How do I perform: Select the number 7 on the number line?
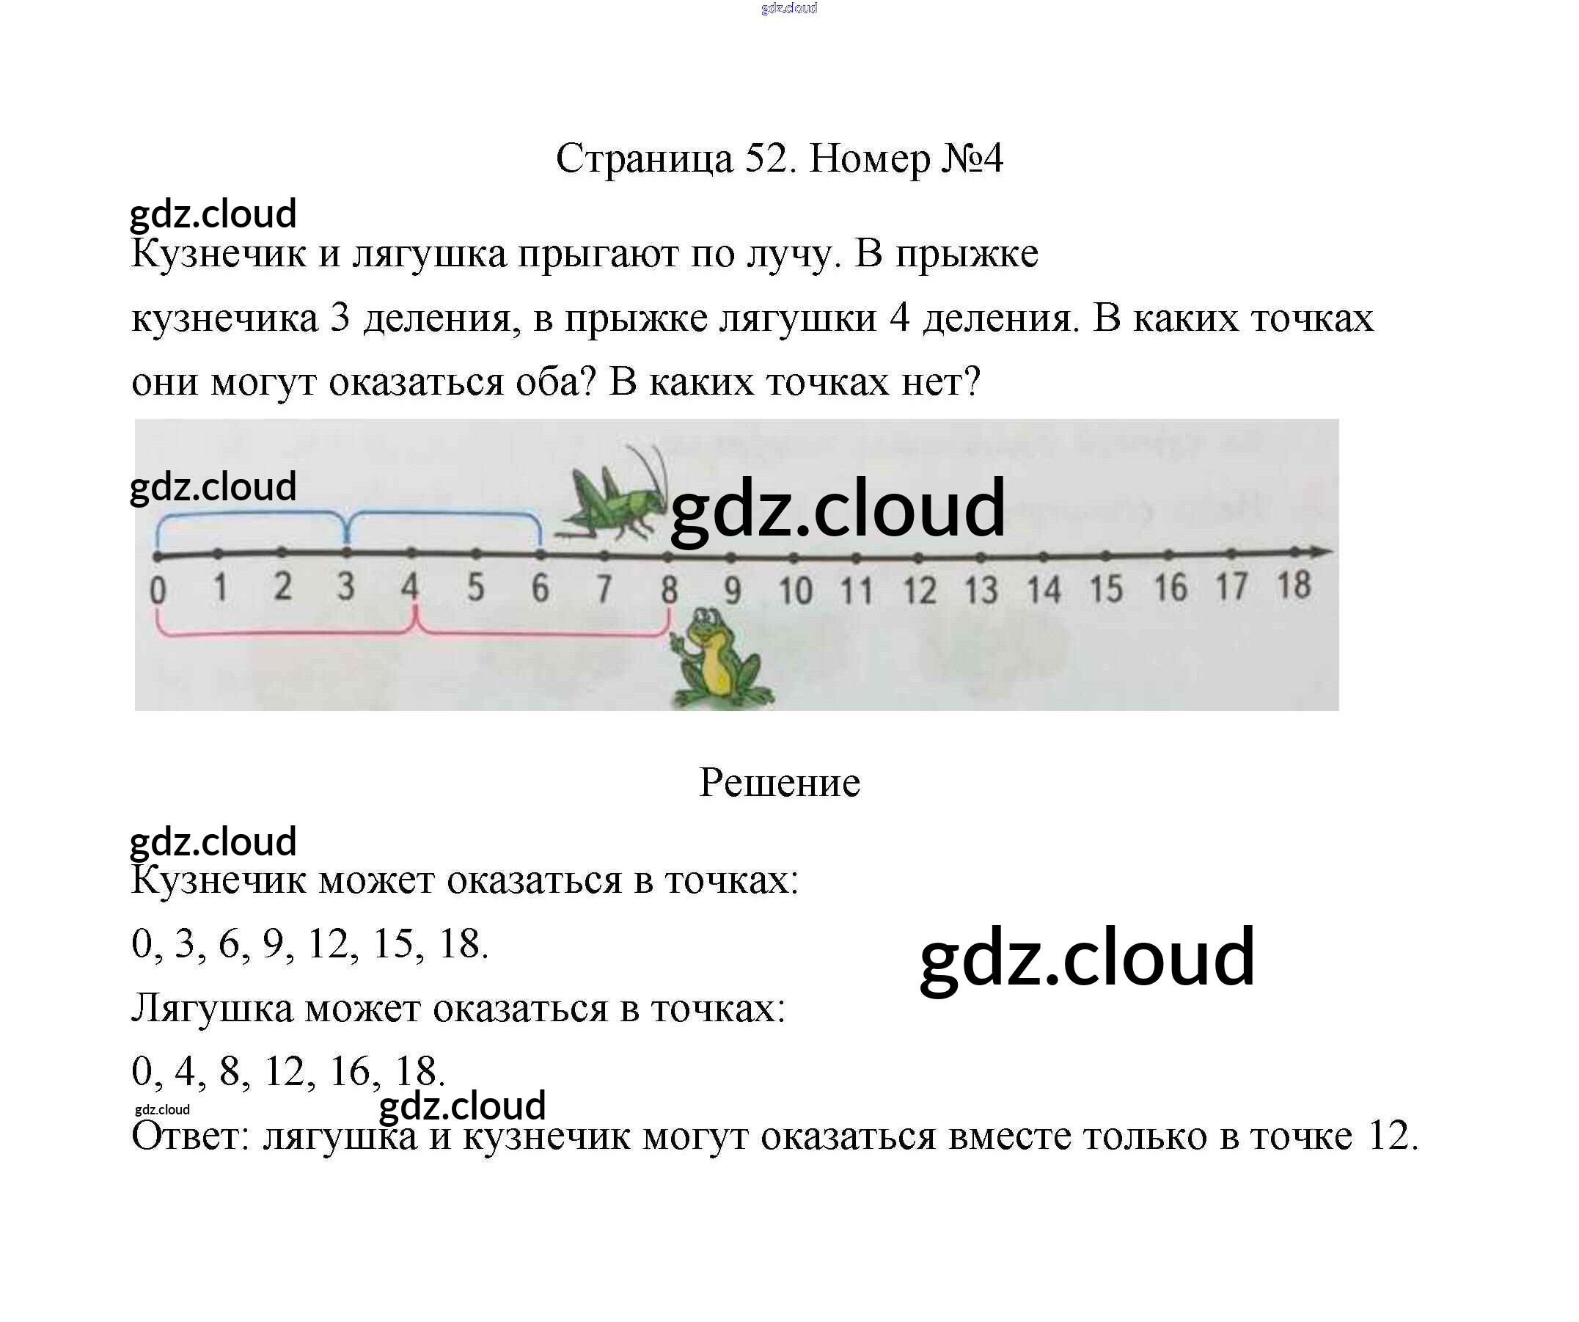(x=603, y=589)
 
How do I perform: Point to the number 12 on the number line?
(x=919, y=591)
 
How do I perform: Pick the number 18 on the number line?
(x=1293, y=585)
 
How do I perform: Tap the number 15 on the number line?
(x=1105, y=589)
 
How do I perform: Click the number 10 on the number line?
(x=795, y=591)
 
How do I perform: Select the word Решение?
(x=779, y=783)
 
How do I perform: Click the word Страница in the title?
(x=644, y=159)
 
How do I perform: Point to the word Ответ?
(x=189, y=1137)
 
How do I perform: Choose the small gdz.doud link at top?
(x=788, y=8)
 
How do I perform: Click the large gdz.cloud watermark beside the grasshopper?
(x=837, y=509)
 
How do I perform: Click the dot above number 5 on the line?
(x=476, y=554)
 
